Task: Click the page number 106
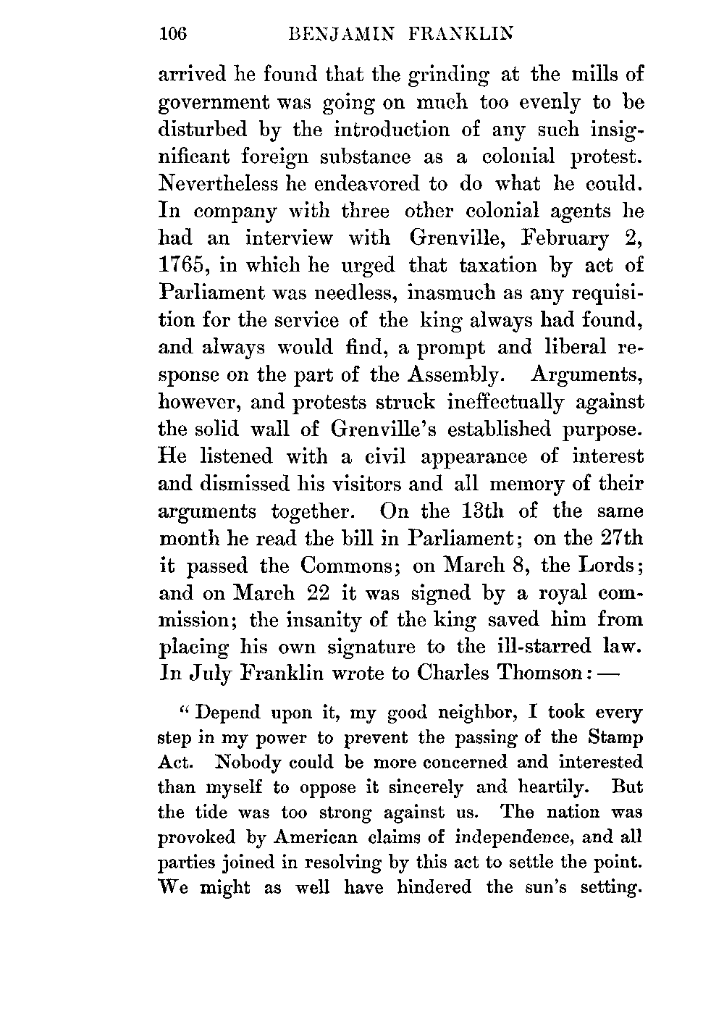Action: coord(173,33)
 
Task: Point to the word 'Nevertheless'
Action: coord(218,184)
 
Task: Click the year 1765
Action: coord(181,266)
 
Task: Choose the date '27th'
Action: coord(622,538)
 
